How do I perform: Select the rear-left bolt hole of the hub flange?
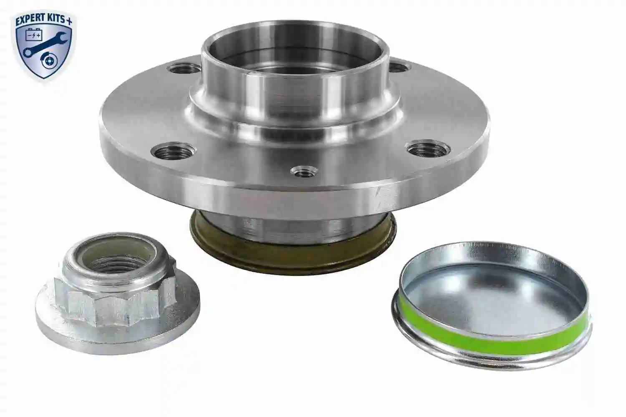(184, 68)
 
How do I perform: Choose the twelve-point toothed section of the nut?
(113, 303)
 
